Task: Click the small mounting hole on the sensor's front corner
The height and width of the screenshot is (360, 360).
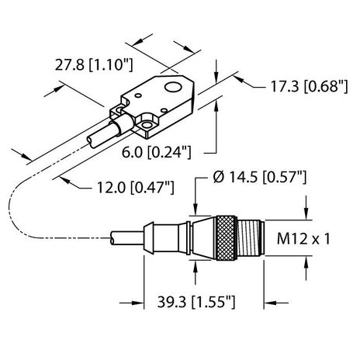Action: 145,121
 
